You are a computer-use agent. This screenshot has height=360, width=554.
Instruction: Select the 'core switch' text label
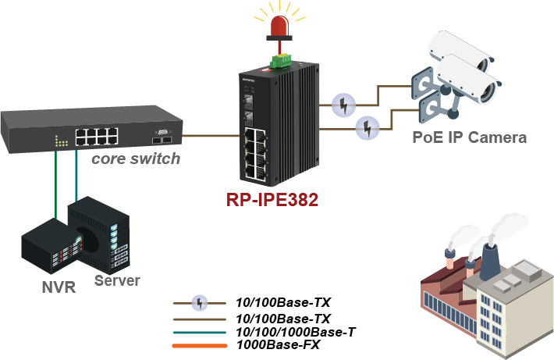(x=136, y=159)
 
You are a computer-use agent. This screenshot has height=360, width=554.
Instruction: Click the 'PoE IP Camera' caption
(x=469, y=137)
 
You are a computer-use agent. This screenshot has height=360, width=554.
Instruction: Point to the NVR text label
(x=58, y=287)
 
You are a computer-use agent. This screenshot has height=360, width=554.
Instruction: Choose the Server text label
(x=117, y=280)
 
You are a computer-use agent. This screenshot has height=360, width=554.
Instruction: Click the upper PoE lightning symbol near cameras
(x=343, y=104)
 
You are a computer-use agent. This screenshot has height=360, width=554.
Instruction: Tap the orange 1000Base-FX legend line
(x=201, y=344)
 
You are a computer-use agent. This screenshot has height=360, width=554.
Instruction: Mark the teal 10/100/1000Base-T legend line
(x=201, y=331)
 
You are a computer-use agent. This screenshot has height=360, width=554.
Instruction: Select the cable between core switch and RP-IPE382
(x=211, y=134)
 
